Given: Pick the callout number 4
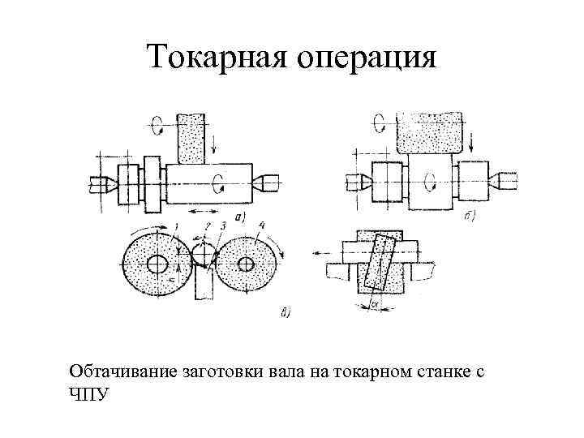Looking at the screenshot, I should coord(262,225).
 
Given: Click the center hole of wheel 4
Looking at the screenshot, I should coord(243,264).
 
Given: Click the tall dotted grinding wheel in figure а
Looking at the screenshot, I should coord(192,138).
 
